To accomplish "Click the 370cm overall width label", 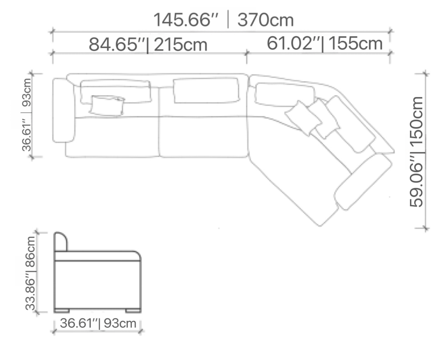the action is [x=265, y=20].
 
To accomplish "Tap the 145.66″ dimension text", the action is [x=185, y=20].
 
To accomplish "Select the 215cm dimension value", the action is [x=180, y=45].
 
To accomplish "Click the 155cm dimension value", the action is [x=355, y=43].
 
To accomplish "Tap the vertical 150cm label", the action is [x=416, y=121].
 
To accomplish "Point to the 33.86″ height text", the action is [x=30, y=291].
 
